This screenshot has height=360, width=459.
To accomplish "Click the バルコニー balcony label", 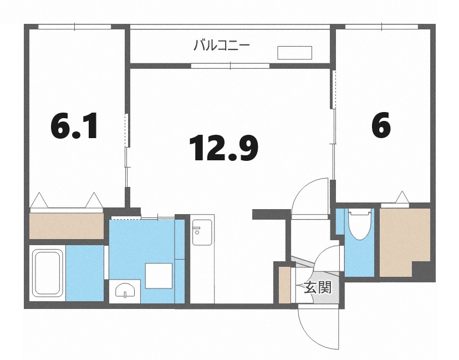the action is [222, 45].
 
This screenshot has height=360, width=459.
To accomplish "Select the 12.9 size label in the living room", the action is [223, 148].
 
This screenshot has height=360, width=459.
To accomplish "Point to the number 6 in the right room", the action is [381, 125].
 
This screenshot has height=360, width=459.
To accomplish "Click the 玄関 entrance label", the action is [318, 287].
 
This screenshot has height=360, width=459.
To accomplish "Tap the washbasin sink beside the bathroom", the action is [125, 290].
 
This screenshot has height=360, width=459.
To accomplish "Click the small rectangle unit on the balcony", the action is [294, 53].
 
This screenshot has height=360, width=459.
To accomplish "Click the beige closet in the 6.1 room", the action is [67, 226].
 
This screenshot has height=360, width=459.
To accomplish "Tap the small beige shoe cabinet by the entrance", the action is [284, 285].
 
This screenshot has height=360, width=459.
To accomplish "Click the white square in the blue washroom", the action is [159, 276].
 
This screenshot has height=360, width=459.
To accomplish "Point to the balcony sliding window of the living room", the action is [230, 65].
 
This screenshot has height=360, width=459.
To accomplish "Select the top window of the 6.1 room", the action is [75, 27].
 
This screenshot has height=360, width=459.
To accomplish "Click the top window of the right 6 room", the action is [382, 27].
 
